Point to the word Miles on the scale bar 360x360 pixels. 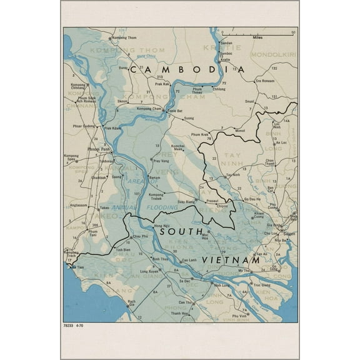[257, 38]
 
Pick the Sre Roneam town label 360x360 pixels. [264, 81]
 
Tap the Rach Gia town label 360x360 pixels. [131, 304]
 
